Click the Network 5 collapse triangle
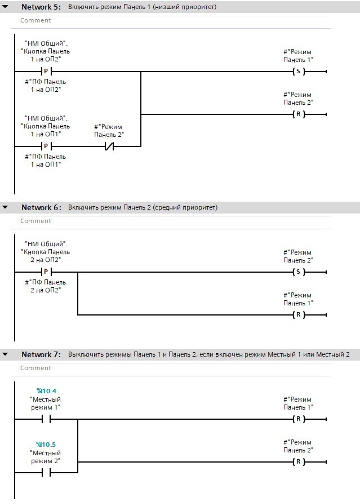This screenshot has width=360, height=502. tap(5, 6)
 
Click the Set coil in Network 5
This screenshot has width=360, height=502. tap(299, 72)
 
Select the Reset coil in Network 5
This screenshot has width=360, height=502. tap(299, 114)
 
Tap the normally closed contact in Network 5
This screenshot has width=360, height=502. tap(109, 146)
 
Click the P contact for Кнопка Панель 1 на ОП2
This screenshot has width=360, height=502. tap(46, 72)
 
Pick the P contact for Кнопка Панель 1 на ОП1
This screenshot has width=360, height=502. tap(46, 146)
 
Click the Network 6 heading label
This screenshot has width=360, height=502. tap(41, 207)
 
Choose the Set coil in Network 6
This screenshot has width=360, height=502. tap(299, 272)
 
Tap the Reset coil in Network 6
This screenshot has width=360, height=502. tap(299, 315)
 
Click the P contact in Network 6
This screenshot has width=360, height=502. tap(46, 272)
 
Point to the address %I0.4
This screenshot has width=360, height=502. tap(46, 391)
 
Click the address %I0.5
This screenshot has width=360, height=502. tap(46, 445)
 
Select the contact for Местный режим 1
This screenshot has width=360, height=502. tap(46, 419)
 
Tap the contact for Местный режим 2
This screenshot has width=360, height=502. tap(46, 473)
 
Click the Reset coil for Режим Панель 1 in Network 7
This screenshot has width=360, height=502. tap(299, 419)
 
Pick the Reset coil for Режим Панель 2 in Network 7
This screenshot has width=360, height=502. tap(299, 462)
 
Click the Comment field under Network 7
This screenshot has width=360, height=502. tap(175, 368)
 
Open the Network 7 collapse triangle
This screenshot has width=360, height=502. tap(5, 354)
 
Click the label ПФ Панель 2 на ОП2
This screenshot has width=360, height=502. tap(46, 286)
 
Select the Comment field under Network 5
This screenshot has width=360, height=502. tap(175, 20)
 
